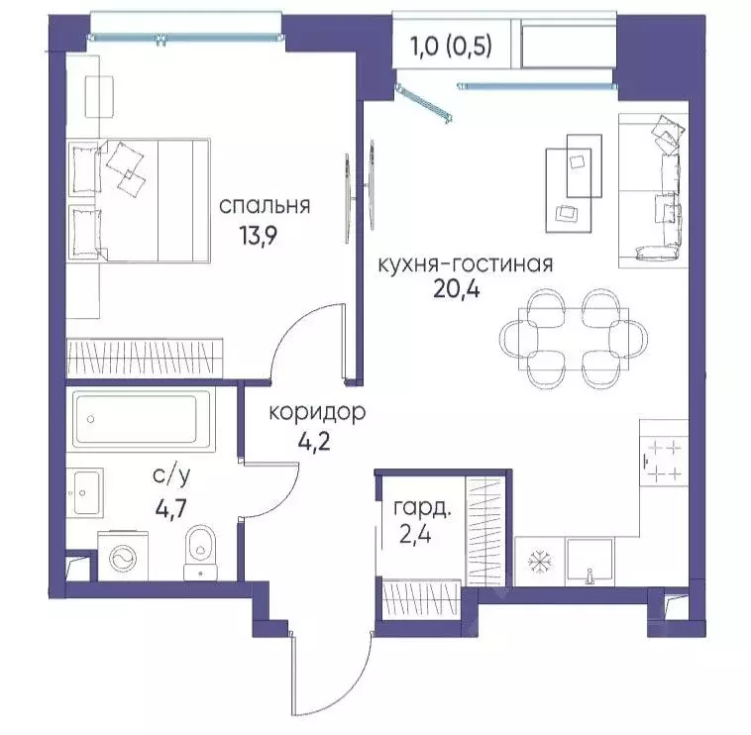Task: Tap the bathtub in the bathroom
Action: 142,420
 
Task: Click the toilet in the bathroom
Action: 202,550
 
